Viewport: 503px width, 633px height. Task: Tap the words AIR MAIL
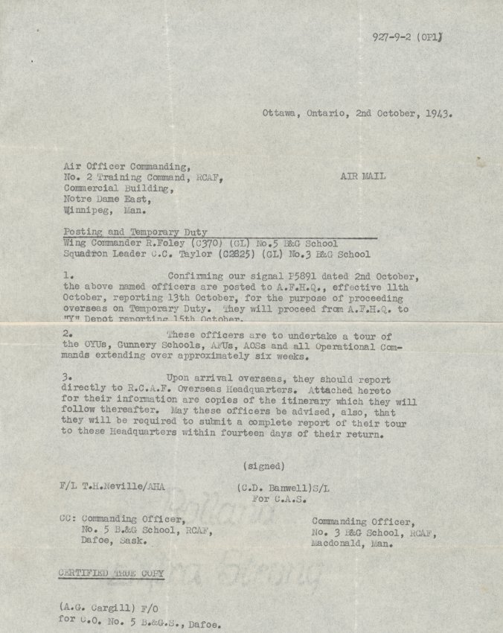click(x=362, y=177)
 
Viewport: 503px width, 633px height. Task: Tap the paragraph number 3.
click(x=65, y=378)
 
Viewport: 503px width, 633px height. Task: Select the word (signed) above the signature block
click(x=263, y=466)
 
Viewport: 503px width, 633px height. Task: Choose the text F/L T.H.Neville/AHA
click(x=112, y=488)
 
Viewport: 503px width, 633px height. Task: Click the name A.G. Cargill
click(x=102, y=607)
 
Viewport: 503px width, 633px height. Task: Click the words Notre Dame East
click(x=111, y=200)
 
